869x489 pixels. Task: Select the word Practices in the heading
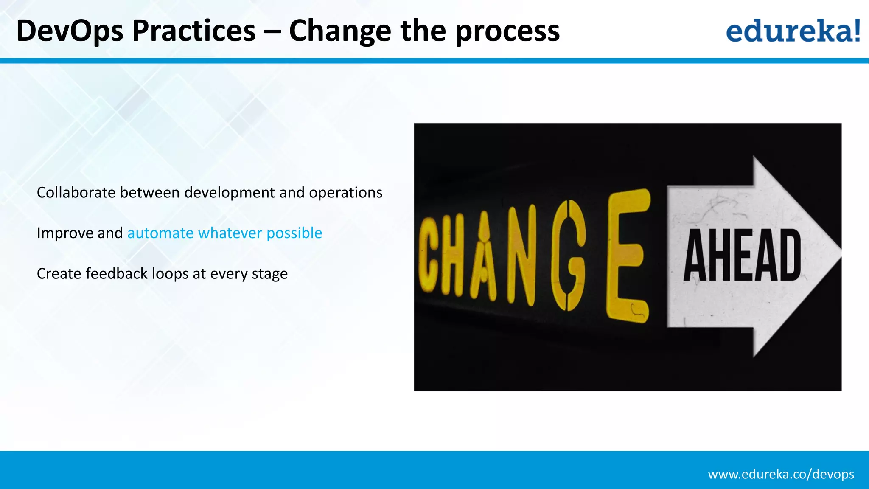[x=194, y=31]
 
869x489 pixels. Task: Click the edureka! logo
[x=793, y=31]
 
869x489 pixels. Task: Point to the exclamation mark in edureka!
[x=857, y=30]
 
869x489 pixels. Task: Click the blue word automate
[x=160, y=233]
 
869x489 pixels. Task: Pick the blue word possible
[x=294, y=233]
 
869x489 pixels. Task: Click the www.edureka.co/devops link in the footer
[x=781, y=474]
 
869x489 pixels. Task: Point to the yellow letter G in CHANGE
[x=568, y=255]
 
